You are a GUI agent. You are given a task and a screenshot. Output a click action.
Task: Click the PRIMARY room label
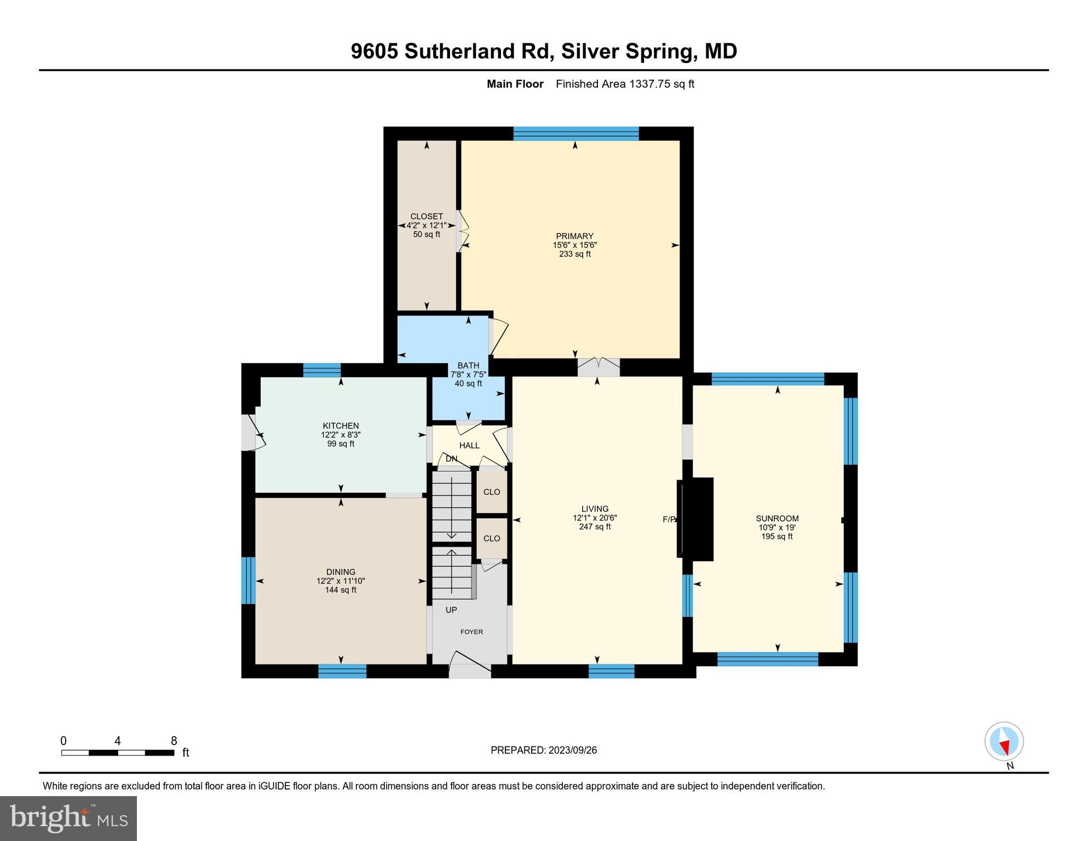(x=574, y=237)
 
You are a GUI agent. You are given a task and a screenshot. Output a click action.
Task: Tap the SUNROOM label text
(x=777, y=519)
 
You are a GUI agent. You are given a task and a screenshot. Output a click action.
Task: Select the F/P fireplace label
(x=669, y=520)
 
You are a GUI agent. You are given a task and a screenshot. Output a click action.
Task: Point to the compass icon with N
(x=1004, y=742)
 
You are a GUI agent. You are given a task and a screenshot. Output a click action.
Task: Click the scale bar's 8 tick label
(x=174, y=741)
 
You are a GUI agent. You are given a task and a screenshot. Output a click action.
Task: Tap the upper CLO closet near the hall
(x=491, y=492)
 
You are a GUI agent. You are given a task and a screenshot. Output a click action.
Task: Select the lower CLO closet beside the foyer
(x=491, y=538)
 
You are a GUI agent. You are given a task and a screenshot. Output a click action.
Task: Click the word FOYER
(x=471, y=632)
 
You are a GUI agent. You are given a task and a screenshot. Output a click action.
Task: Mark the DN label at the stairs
(x=451, y=459)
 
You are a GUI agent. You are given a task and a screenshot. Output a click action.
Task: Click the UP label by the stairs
(x=451, y=610)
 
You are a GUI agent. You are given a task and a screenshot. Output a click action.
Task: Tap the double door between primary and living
(x=598, y=366)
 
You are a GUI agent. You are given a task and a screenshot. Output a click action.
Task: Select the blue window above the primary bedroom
(x=576, y=134)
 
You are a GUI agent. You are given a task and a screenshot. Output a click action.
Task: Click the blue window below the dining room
(x=342, y=671)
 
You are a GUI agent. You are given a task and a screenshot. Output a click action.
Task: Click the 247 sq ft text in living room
(x=595, y=527)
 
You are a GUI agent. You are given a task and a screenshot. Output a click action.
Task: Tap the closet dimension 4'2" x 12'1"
(x=427, y=226)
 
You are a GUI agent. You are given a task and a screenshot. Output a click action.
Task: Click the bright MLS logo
(x=68, y=819)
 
